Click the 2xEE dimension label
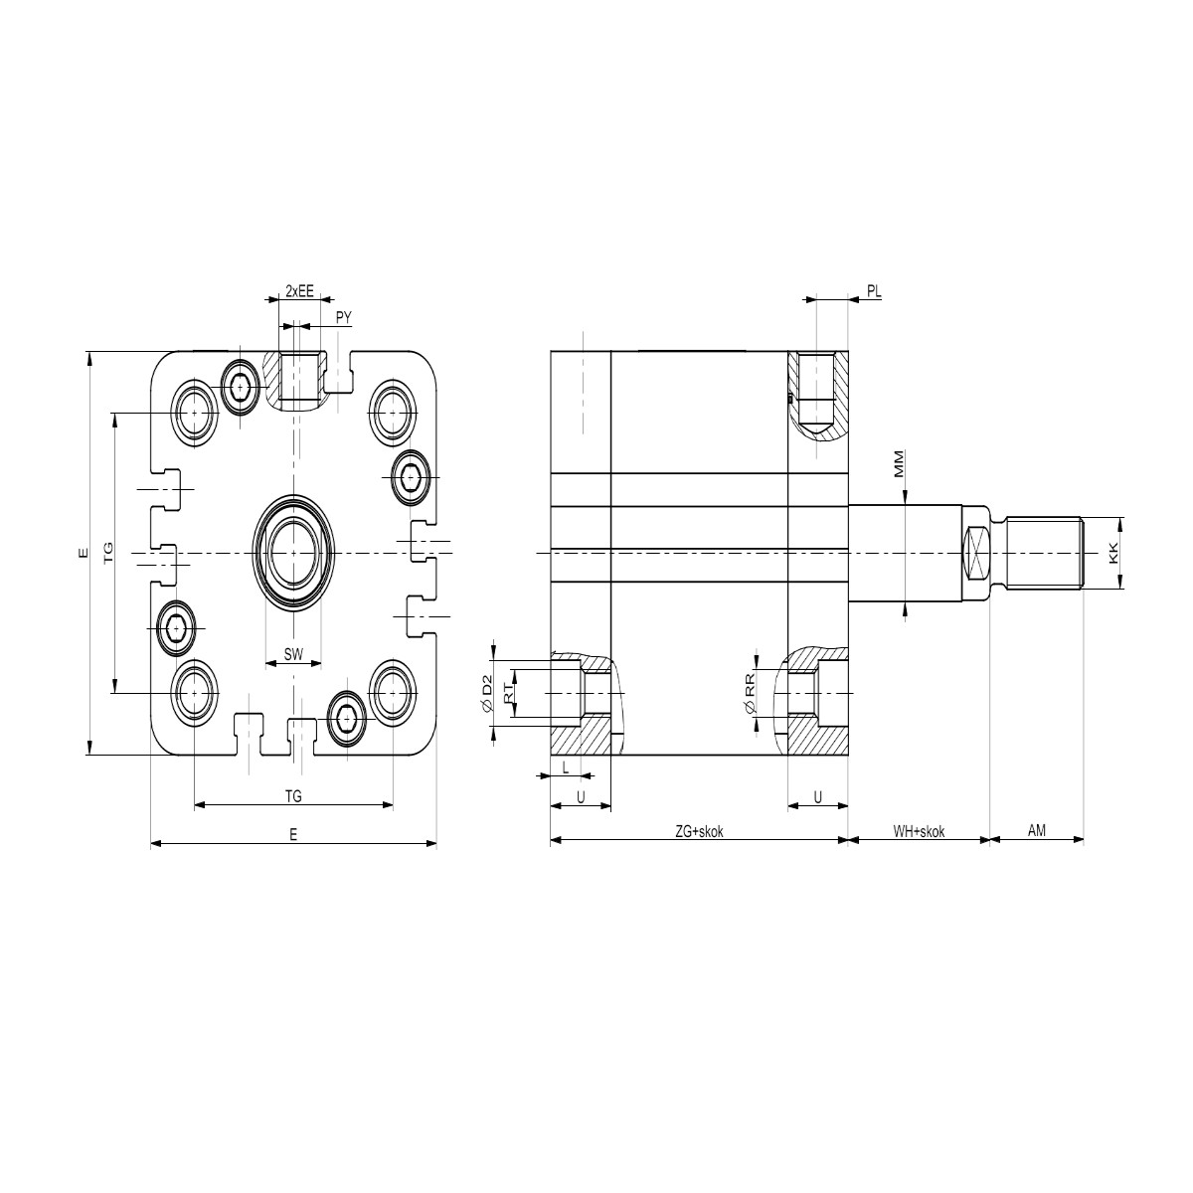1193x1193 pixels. pyautogui.click(x=299, y=290)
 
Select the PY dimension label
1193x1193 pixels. pyautogui.click(x=344, y=317)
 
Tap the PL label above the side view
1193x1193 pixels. pyautogui.click(x=874, y=291)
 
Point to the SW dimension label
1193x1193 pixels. pyautogui.click(x=293, y=654)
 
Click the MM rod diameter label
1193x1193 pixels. pyautogui.click(x=900, y=463)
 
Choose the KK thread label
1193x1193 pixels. pyautogui.click(x=1113, y=553)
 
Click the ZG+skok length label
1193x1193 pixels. pyautogui.click(x=699, y=831)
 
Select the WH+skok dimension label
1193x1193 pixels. pyautogui.click(x=919, y=831)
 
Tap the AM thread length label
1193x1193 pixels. pyautogui.click(x=1037, y=830)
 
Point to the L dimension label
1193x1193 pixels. pyautogui.click(x=566, y=768)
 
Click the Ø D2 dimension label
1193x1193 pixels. pyautogui.click(x=486, y=694)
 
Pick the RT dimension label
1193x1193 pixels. pyautogui.click(x=508, y=693)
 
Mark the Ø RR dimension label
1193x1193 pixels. pyautogui.click(x=751, y=693)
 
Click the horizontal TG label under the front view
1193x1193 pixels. pyautogui.click(x=293, y=796)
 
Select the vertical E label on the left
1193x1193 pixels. pyautogui.click(x=84, y=554)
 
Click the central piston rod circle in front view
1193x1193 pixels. pyautogui.click(x=293, y=553)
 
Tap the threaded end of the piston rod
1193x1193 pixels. pyautogui.click(x=1045, y=553)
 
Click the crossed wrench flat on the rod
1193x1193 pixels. pyautogui.click(x=977, y=553)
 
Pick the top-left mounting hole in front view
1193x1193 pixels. pyautogui.click(x=195, y=412)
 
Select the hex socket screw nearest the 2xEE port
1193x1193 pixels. pyautogui.click(x=241, y=388)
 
